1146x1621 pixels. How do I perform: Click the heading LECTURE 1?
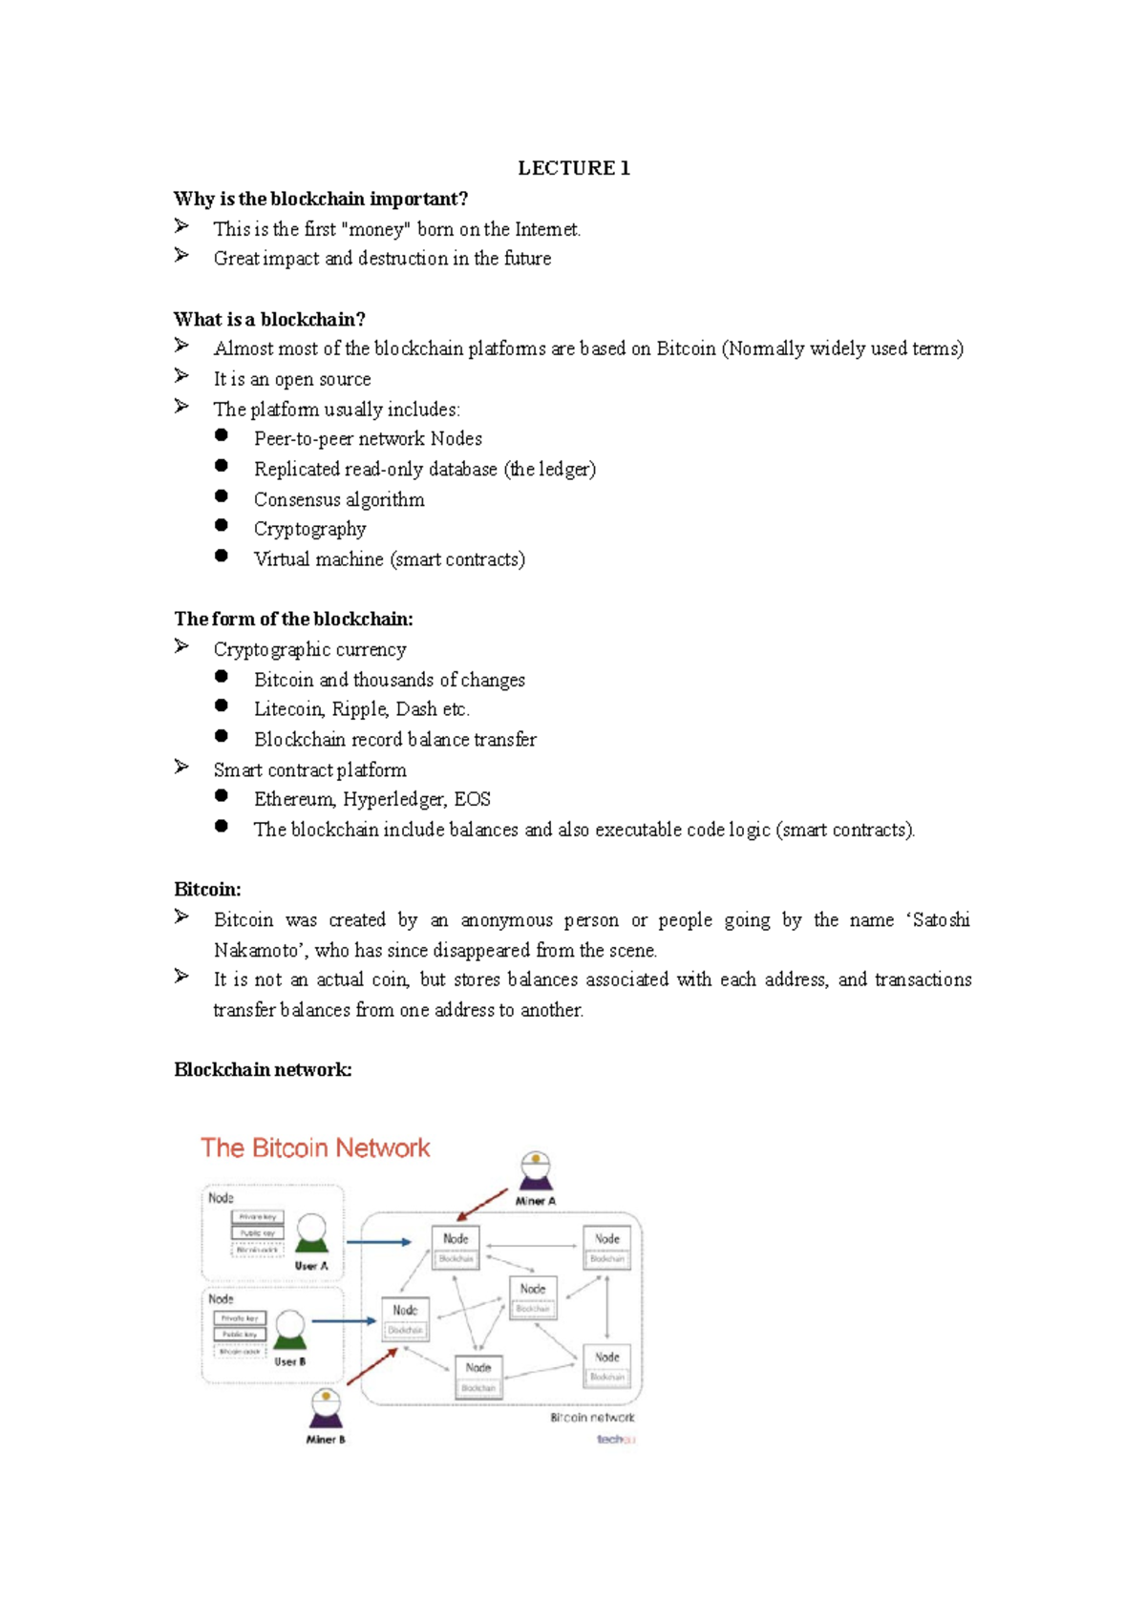(573, 168)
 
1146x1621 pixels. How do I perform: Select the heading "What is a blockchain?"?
(269, 319)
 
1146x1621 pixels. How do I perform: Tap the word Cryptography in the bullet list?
(309, 529)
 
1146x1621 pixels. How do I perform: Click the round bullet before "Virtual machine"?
(222, 556)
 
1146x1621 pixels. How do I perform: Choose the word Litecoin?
(288, 709)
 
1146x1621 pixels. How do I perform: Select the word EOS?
(472, 799)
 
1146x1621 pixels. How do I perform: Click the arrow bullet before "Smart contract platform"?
(181, 767)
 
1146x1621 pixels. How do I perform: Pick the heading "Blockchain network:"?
(263, 1069)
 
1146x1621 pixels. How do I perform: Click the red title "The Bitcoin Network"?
(315, 1147)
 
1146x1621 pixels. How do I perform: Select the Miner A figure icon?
(536, 1171)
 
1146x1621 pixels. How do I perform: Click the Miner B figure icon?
(326, 1408)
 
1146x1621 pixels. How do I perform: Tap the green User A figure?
(311, 1233)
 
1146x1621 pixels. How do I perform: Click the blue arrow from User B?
(344, 1321)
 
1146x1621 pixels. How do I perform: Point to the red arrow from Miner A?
(482, 1205)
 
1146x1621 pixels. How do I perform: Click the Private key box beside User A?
(258, 1217)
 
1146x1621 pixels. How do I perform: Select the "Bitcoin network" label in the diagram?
(592, 1418)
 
